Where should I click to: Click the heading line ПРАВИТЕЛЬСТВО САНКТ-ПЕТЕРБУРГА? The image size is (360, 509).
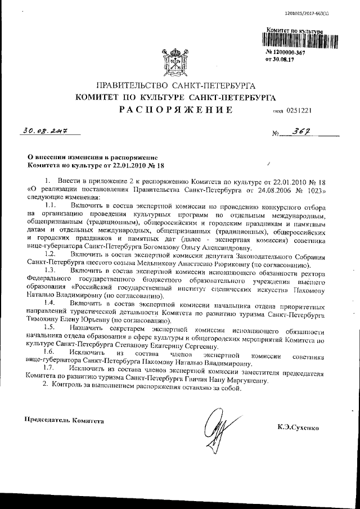176,85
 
